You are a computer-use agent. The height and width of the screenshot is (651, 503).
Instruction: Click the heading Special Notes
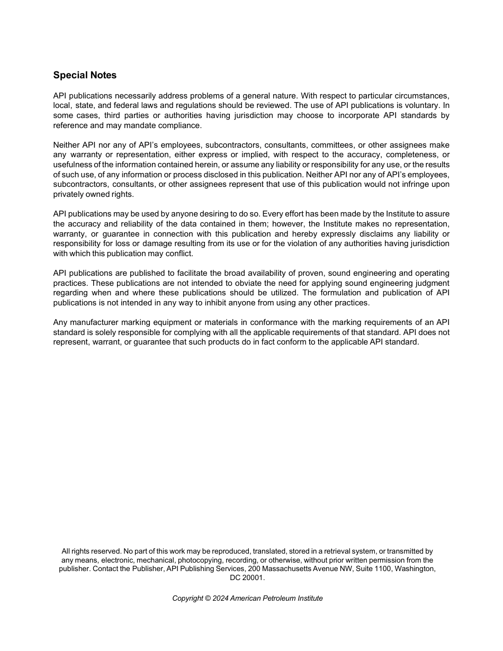85,75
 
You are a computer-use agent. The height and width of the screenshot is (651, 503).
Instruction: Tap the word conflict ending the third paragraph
177,254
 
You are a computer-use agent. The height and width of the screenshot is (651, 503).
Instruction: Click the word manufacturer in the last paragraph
94,322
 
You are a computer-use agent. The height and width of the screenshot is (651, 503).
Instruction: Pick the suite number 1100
380,569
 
